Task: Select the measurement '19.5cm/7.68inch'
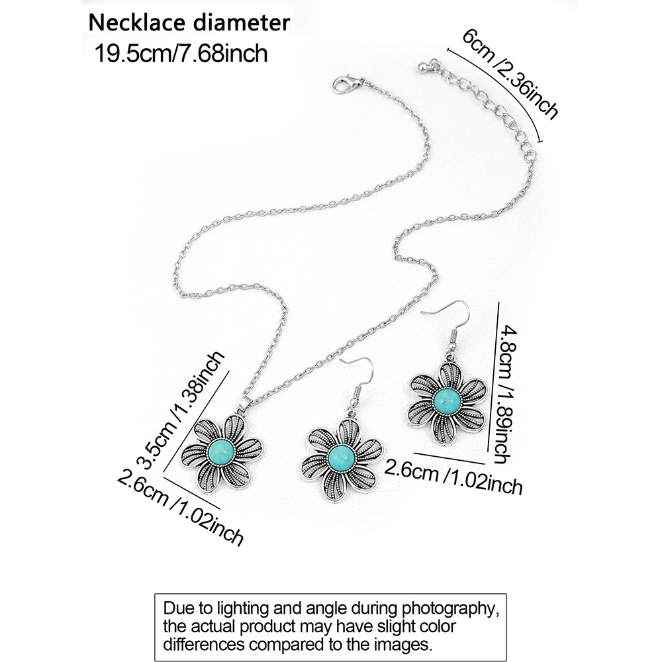[182, 52]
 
